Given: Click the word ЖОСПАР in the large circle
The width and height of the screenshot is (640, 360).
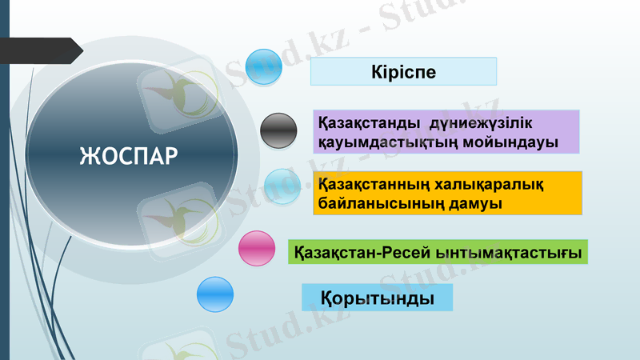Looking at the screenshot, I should click(x=128, y=154).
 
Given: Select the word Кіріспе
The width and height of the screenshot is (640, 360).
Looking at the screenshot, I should click(x=403, y=72).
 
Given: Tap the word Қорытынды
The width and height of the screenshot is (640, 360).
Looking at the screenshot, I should click(x=378, y=298).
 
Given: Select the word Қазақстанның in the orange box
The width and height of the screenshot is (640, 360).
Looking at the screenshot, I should click(x=373, y=184).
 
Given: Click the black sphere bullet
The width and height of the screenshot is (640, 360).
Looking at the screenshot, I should click(x=279, y=130).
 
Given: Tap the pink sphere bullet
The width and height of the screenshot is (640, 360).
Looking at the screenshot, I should click(x=257, y=248).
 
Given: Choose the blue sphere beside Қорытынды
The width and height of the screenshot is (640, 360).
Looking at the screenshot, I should click(x=214, y=294).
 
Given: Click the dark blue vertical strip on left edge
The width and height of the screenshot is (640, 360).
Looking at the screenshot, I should click(x=4, y=200).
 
